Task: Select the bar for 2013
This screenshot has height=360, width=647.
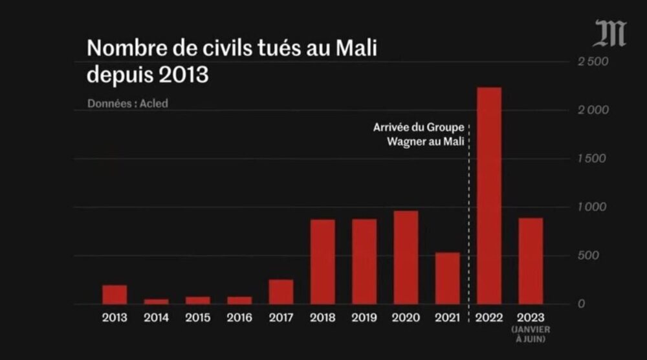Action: click(x=115, y=295)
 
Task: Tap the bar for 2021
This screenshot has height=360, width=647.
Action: click(x=447, y=278)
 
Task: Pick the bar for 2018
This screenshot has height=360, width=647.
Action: click(x=322, y=262)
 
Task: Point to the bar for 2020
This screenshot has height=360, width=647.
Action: click(x=406, y=258)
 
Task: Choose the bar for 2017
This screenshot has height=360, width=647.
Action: click(x=281, y=292)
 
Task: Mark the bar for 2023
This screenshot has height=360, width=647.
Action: click(x=530, y=261)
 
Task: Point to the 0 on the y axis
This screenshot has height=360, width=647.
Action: click(x=583, y=304)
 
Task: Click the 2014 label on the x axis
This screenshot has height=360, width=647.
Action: click(x=156, y=319)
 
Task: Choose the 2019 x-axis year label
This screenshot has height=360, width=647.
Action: click(x=364, y=319)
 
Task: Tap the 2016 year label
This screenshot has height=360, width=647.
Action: click(x=239, y=319)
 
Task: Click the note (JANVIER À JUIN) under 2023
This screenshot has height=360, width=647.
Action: click(x=530, y=335)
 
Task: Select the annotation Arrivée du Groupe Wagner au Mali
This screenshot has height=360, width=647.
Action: click(x=419, y=134)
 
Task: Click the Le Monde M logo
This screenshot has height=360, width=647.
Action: click(x=609, y=34)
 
